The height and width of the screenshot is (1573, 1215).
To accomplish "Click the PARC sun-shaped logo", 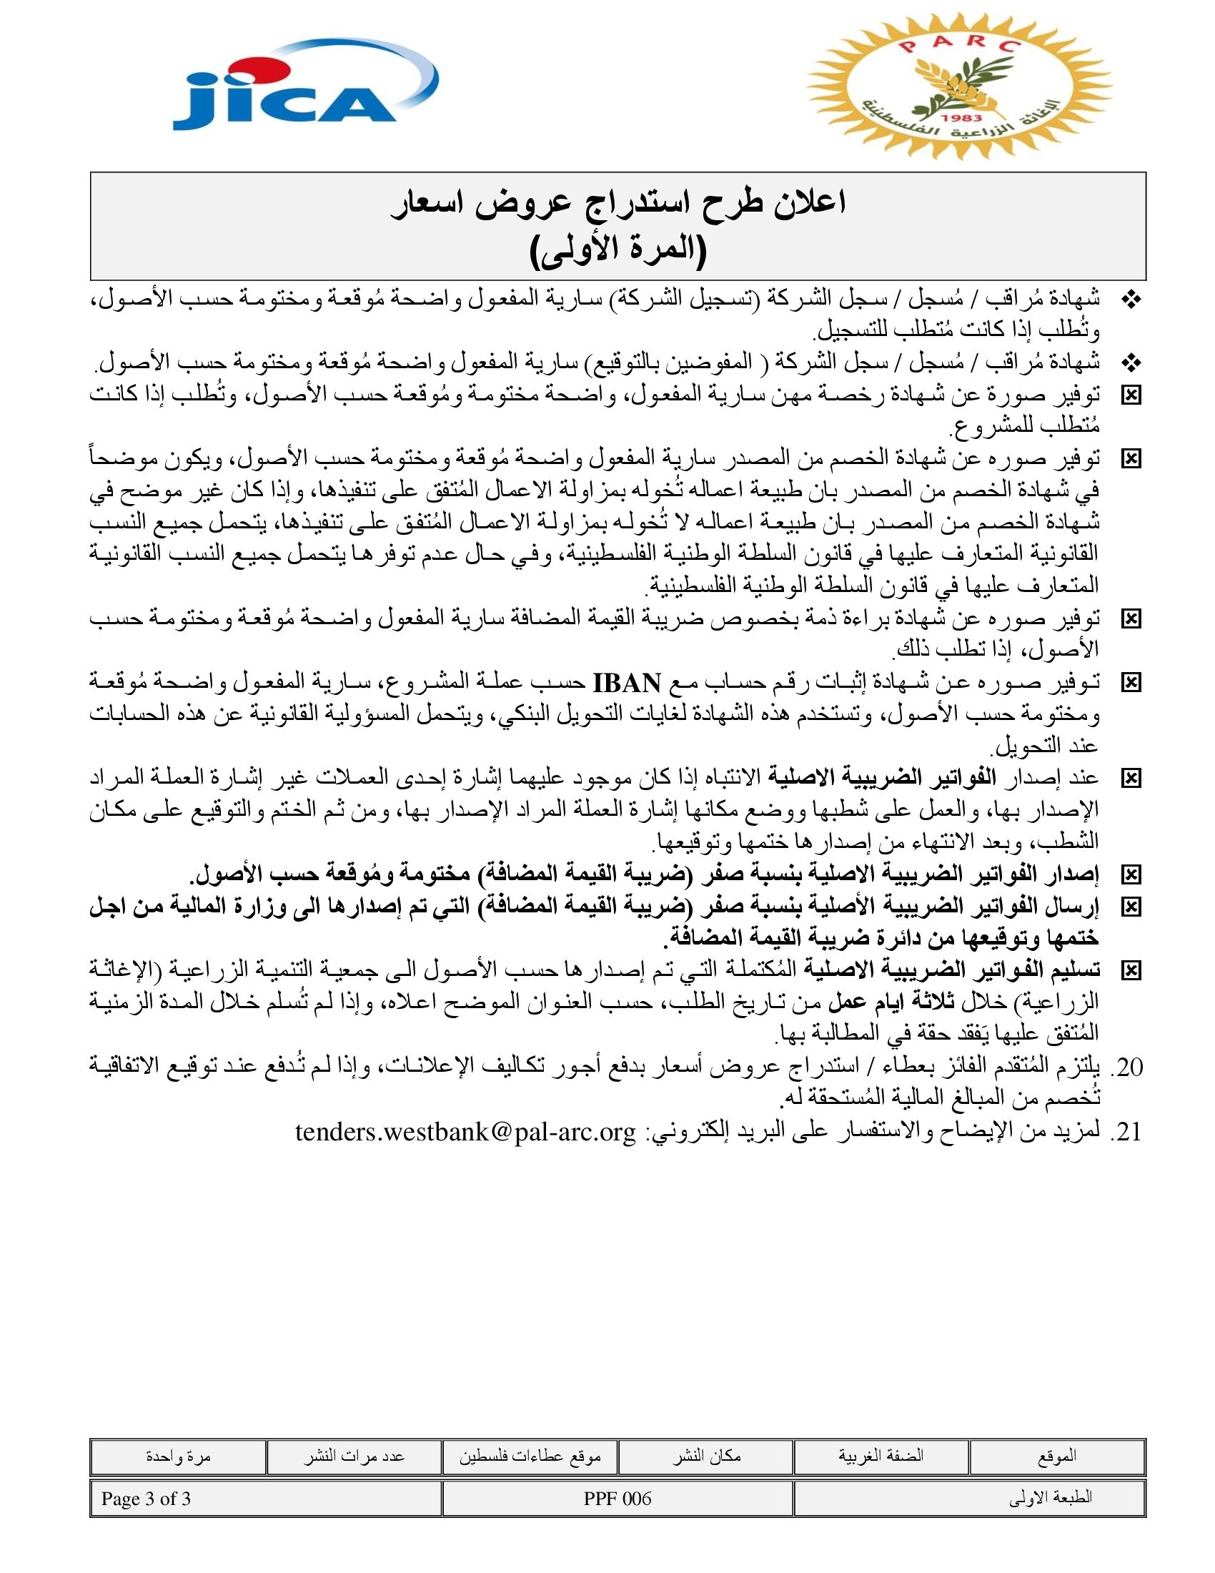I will pyautogui.click(x=959, y=87).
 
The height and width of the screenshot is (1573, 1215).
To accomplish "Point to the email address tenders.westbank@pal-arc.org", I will pyautogui.click(x=466, y=1133).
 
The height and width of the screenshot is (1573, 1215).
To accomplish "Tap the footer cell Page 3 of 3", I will pyautogui.click(x=146, y=1499).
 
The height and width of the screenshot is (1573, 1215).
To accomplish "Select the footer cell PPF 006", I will pyautogui.click(x=618, y=1499).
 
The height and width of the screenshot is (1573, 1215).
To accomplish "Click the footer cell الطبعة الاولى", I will pyautogui.click(x=1051, y=1499).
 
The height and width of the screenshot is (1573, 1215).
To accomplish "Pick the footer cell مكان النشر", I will pyautogui.click(x=706, y=1456).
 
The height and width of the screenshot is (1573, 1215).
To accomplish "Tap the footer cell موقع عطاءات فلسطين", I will pyautogui.click(x=530, y=1456).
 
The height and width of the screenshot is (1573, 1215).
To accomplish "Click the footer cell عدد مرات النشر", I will pyautogui.click(x=353, y=1456).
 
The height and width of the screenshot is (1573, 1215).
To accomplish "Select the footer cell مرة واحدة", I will pyautogui.click(x=178, y=1456).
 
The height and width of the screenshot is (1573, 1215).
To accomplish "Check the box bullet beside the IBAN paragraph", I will pyautogui.click(x=1131, y=683).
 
